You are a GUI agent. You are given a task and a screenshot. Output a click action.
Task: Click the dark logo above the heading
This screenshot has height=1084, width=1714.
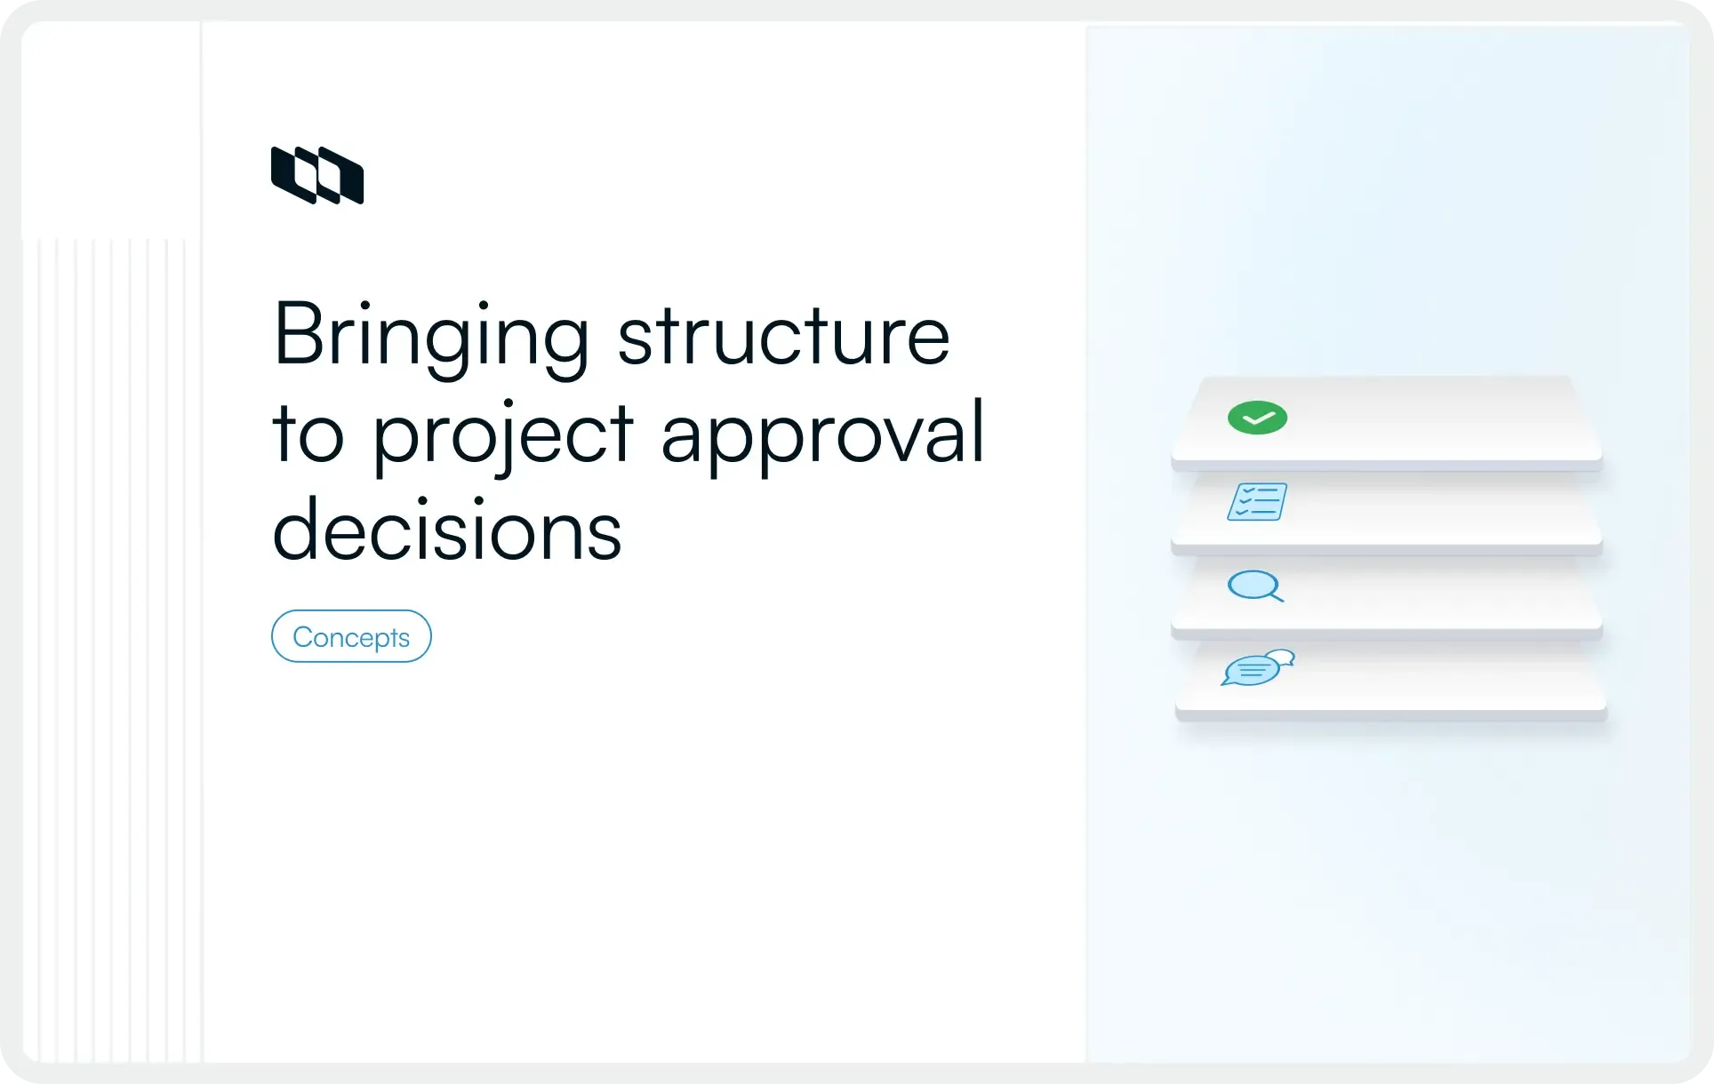(317, 175)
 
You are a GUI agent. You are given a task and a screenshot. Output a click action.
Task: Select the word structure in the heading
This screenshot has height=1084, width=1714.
(783, 336)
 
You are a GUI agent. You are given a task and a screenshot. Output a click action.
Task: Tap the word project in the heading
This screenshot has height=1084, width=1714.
(502, 435)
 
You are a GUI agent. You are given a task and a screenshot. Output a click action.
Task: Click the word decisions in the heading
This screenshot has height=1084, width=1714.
(446, 530)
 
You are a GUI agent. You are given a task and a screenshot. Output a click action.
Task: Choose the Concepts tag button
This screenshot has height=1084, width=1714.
(351, 636)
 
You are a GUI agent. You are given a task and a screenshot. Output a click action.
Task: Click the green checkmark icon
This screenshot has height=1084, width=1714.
(1257, 418)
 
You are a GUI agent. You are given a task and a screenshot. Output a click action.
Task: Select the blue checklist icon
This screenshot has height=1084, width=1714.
(1257, 502)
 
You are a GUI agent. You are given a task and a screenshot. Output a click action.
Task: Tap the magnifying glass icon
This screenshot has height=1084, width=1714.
(1254, 586)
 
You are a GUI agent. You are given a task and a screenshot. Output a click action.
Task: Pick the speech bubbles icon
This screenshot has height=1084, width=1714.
(1256, 668)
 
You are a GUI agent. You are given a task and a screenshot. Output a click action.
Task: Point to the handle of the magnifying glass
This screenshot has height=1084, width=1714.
(1276, 596)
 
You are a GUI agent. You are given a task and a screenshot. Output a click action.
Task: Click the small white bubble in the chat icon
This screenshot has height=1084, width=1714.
(1281, 658)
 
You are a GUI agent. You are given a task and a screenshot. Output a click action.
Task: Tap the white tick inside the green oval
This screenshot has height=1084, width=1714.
(1257, 418)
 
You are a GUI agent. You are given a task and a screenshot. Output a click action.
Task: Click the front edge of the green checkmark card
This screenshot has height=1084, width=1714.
(1387, 466)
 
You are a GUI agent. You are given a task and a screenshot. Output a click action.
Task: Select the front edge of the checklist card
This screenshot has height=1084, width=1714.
(1387, 550)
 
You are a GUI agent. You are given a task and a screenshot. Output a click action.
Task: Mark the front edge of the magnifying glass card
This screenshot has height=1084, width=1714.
(1387, 634)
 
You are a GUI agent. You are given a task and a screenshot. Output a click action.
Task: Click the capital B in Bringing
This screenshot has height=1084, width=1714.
(296, 334)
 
